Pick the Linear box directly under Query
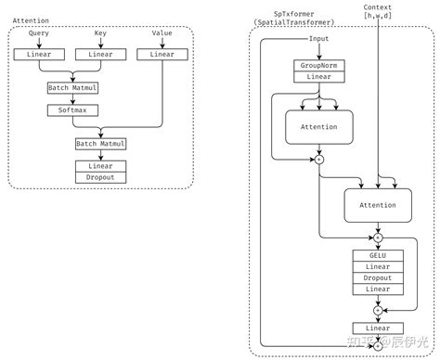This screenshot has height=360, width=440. tap(39, 55)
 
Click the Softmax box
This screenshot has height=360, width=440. tap(71, 109)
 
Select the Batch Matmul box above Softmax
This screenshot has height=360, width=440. tap(71, 87)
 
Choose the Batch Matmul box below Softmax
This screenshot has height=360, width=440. tap(100, 144)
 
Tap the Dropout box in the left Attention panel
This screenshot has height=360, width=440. tap(100, 177)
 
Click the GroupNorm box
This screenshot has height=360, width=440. tap(318, 66)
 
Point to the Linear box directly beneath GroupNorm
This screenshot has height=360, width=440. tap(318, 78)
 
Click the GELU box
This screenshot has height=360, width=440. tap(377, 254)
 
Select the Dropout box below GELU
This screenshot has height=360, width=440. tap(377, 277)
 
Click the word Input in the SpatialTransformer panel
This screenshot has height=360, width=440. tap(319, 39)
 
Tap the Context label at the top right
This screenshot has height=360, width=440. tap(378, 7)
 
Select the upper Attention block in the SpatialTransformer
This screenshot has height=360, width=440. tap(318, 126)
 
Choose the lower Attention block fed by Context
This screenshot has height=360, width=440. tap(377, 205)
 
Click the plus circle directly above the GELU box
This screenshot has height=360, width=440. tap(377, 237)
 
